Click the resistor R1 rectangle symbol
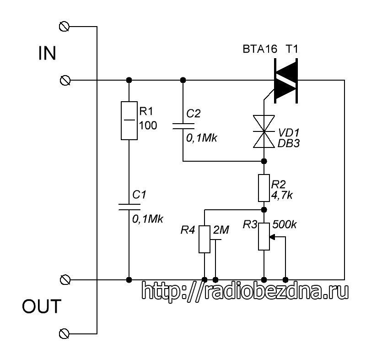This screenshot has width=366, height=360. tap(129, 120)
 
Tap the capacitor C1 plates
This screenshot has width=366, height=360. tap(129, 207)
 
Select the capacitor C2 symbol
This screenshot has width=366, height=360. tap(183, 126)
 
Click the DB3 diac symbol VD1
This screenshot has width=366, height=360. tap(264, 131)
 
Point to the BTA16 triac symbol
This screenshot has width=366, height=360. tap(285, 81)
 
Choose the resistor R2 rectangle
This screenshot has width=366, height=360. tap(264, 188)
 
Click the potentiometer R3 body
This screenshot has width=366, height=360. tap(264, 236)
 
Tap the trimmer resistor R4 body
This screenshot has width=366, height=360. tap(205, 239)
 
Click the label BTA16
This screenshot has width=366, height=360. tap(260, 49)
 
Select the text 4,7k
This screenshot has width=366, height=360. tap(282, 195)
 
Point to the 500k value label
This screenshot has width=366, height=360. tap(284, 224)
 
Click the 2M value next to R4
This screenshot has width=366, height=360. tap(221, 230)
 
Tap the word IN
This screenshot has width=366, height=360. tap(47, 54)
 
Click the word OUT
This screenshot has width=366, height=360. tap(42, 306)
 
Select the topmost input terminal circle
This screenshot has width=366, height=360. tap(64, 27)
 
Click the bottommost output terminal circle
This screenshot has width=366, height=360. tap(64, 333)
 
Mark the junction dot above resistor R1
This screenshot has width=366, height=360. tap(129, 80)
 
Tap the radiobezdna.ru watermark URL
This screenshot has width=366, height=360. tap(245, 291)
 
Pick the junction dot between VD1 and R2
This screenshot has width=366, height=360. tap(264, 161)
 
